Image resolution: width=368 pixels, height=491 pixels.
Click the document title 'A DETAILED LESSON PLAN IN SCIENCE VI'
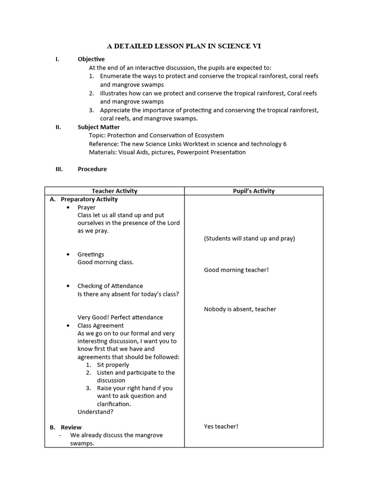tap(184, 46)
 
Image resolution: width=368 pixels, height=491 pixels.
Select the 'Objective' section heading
tap(91, 59)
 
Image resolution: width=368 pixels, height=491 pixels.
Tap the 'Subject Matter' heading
tap(99, 127)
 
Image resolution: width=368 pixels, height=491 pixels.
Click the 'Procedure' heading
tap(92, 169)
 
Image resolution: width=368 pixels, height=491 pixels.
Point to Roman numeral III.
tap(58, 169)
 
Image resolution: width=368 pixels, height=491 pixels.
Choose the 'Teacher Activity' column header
tap(115, 191)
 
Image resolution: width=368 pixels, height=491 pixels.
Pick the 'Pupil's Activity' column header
tap(254, 191)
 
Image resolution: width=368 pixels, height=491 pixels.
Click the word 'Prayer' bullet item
tap(87, 208)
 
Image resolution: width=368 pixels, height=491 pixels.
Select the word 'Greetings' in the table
tap(91, 254)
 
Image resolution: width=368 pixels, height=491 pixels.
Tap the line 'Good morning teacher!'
tap(236, 270)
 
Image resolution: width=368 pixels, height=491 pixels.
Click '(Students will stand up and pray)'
tap(249, 238)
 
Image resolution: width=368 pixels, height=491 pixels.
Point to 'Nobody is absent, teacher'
tap(240, 309)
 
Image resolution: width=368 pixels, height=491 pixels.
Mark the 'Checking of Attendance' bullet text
tap(110, 286)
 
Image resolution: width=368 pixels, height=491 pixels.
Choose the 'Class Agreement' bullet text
tap(101, 326)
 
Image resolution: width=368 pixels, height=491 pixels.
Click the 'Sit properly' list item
tap(113, 365)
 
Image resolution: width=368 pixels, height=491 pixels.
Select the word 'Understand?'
tap(95, 411)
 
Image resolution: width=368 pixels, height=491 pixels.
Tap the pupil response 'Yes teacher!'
tap(221, 426)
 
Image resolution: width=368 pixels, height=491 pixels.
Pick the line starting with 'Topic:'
tap(156, 135)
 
